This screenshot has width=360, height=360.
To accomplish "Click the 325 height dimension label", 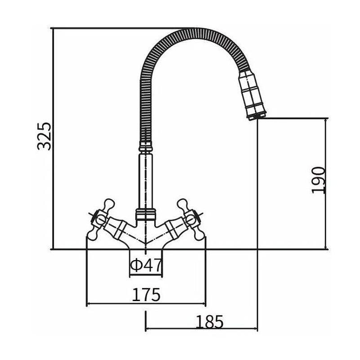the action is (44, 136).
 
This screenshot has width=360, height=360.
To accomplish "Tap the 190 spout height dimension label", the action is (318, 180).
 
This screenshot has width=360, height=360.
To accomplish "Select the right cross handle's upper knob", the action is (183, 205).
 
